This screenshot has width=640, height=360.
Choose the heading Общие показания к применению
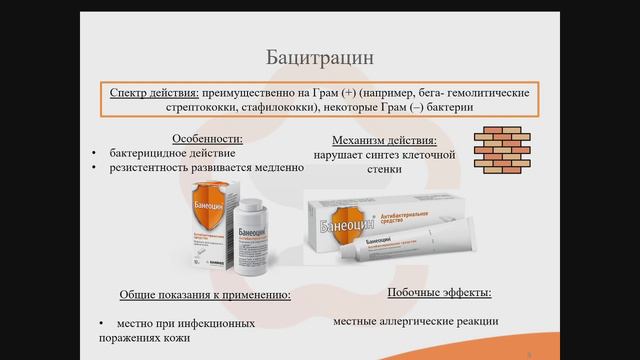[x=205, y=296]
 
